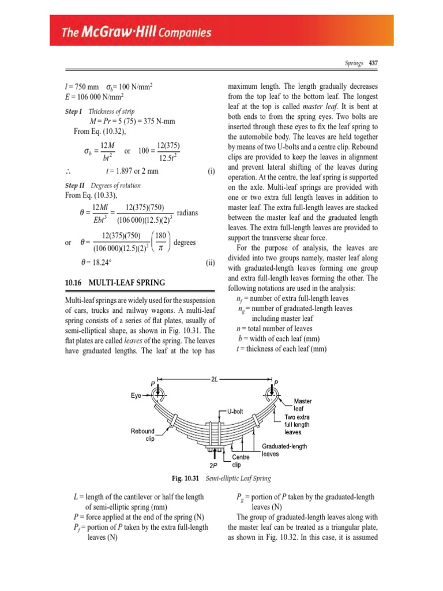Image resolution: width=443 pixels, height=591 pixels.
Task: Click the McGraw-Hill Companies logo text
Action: pos(137,33)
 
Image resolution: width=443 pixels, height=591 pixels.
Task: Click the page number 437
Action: pos(373,63)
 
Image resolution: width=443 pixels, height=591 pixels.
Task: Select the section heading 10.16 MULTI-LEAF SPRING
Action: pos(115,282)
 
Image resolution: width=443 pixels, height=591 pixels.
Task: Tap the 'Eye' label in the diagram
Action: pos(135,395)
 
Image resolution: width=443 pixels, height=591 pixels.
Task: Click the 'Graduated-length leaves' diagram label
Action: pos(284,450)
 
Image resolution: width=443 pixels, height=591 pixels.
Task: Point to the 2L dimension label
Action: pos(214,379)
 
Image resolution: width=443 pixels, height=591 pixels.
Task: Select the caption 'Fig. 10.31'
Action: pos(185,479)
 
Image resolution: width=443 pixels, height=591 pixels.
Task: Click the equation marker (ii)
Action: pos(211,261)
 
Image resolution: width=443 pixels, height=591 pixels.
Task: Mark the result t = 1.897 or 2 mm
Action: pos(132,171)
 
